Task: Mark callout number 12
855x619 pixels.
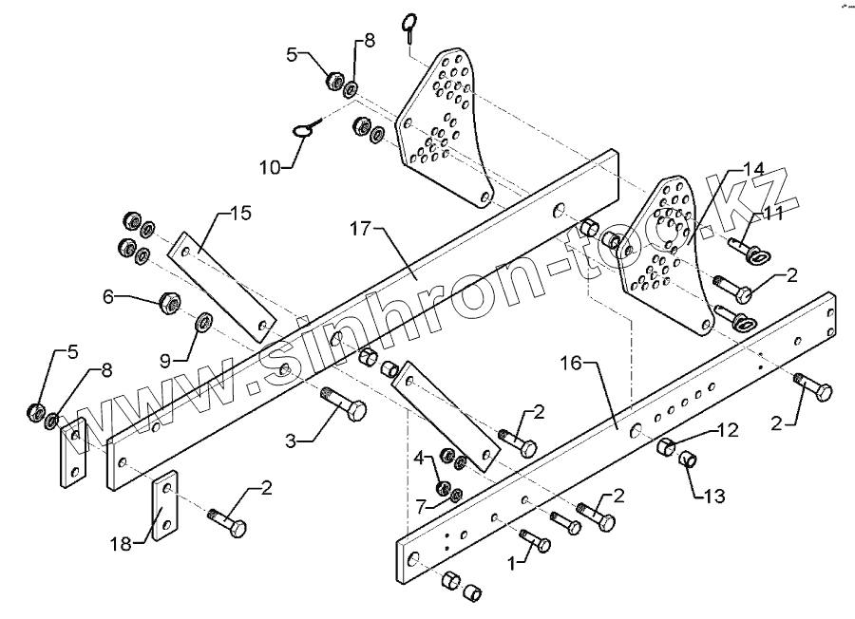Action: (727, 430)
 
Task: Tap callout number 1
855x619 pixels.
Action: (514, 563)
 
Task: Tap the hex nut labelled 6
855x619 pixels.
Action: (169, 304)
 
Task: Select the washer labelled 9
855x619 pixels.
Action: (203, 327)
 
